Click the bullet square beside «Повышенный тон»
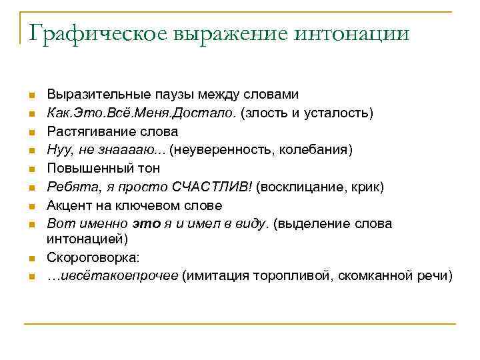(31, 169)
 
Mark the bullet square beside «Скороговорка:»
(31, 258)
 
